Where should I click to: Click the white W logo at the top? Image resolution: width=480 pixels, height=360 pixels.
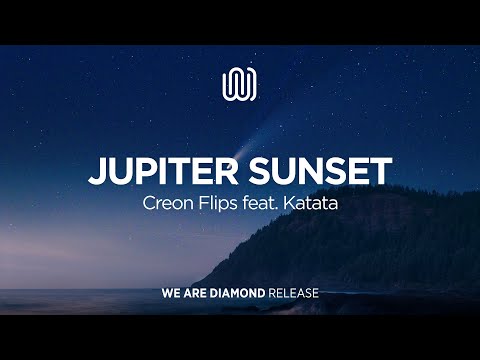click(240, 84)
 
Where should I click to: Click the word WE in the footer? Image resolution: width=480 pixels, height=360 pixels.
click(171, 294)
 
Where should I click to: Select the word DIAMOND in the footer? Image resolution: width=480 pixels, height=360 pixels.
click(237, 294)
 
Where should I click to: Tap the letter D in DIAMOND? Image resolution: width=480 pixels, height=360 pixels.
click(214, 294)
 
